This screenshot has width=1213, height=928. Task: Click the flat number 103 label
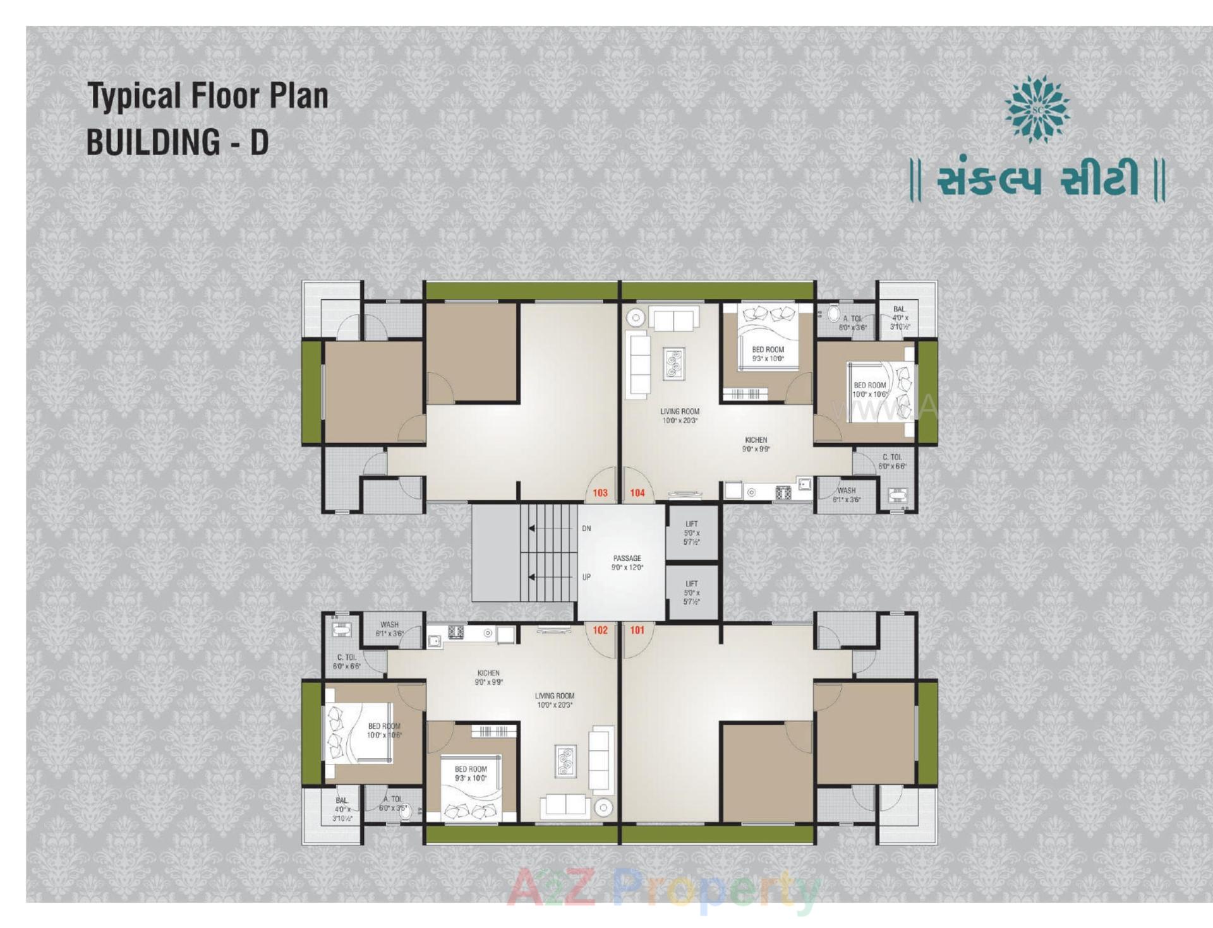[x=600, y=492]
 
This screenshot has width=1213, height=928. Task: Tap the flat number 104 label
[x=637, y=492]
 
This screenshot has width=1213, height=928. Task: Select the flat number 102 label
[x=600, y=629]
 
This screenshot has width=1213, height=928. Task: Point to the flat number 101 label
[x=637, y=629]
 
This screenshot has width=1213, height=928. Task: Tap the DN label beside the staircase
[x=586, y=528]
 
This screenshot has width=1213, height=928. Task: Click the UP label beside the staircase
[x=586, y=577]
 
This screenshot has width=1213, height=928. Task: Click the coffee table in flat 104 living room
[x=674, y=364]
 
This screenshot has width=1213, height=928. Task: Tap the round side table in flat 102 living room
[x=603, y=807]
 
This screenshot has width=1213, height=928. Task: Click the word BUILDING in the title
[x=154, y=141]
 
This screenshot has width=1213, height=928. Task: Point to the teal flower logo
[x=1037, y=109]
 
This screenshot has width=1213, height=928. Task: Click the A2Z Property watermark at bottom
[x=663, y=890]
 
